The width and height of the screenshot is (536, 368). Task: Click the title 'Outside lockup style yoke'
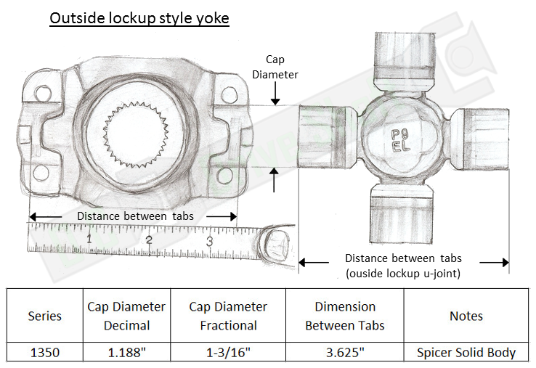(139, 17)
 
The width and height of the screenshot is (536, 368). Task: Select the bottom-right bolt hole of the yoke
(230, 173)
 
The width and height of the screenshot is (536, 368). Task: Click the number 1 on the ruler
(89, 238)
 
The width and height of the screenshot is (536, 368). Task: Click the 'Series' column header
(45, 316)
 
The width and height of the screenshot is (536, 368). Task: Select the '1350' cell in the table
(45, 353)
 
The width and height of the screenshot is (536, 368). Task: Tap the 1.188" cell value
(126, 353)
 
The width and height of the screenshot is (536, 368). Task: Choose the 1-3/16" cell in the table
(228, 353)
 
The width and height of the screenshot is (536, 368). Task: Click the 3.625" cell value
(345, 353)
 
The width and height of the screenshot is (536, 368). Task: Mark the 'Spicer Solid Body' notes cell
(466, 353)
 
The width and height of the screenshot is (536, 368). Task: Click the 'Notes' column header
(466, 316)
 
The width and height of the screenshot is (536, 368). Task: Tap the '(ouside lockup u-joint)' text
(403, 273)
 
